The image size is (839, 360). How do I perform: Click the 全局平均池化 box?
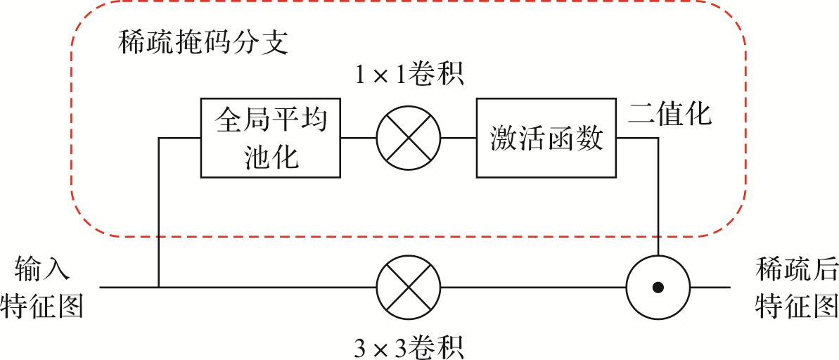click(x=271, y=138)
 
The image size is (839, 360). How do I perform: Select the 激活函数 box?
click(x=546, y=138)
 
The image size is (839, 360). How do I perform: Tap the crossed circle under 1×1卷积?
click(x=408, y=138)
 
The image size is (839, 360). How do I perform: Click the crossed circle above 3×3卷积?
click(x=408, y=288)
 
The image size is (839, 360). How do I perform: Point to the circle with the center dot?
click(x=658, y=288)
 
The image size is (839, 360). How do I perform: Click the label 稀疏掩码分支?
click(x=204, y=44)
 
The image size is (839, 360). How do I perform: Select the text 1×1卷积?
click(x=408, y=74)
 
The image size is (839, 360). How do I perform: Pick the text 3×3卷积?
click(x=408, y=346)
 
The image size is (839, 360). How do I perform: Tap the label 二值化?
click(x=670, y=114)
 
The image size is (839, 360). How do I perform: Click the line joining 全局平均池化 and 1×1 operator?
click(x=359, y=138)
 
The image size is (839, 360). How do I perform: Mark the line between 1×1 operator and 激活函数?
click(x=459, y=138)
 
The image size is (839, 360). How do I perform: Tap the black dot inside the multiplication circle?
click(x=658, y=288)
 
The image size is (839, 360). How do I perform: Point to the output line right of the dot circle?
click(x=710, y=288)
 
